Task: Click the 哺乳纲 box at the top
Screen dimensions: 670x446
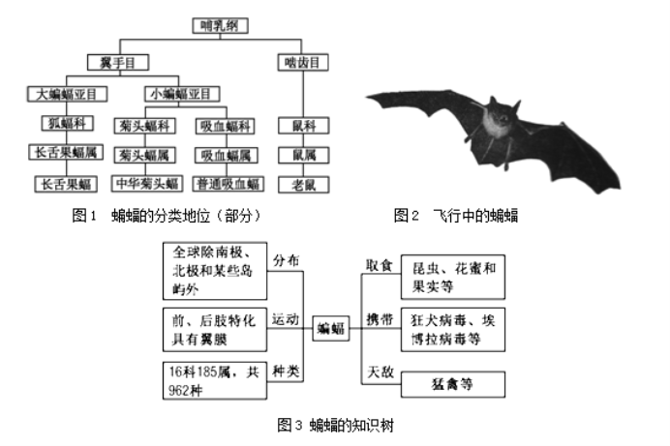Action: pos(220,25)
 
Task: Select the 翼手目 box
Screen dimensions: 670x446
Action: pos(118,62)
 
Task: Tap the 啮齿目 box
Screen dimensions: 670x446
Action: pos(303,62)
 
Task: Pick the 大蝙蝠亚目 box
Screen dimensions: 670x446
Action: pos(67,94)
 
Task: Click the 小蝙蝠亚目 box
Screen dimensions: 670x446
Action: pos(182,94)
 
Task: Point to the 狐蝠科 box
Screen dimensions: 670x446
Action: pos(68,123)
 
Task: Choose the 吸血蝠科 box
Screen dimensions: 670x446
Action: pos(226,126)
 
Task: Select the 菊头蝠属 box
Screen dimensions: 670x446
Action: pos(145,155)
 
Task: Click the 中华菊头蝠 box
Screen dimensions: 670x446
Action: pos(147,184)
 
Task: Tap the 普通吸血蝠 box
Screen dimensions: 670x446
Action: pos(228,184)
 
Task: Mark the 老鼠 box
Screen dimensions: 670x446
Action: pos(303,185)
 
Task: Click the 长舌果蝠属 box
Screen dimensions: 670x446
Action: pos(66,152)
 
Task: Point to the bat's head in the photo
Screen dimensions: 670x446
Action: pos(502,112)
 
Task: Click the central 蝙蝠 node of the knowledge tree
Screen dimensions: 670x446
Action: pos(331,328)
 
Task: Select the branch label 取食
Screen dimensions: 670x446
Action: pos(379,265)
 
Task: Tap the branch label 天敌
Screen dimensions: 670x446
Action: pos(381,372)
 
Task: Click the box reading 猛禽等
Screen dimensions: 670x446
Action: pos(453,384)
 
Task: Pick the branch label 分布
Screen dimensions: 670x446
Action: pos(286,260)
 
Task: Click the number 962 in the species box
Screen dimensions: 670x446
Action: pos(178,390)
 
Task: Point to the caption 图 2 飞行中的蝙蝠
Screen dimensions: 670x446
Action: pos(456,216)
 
